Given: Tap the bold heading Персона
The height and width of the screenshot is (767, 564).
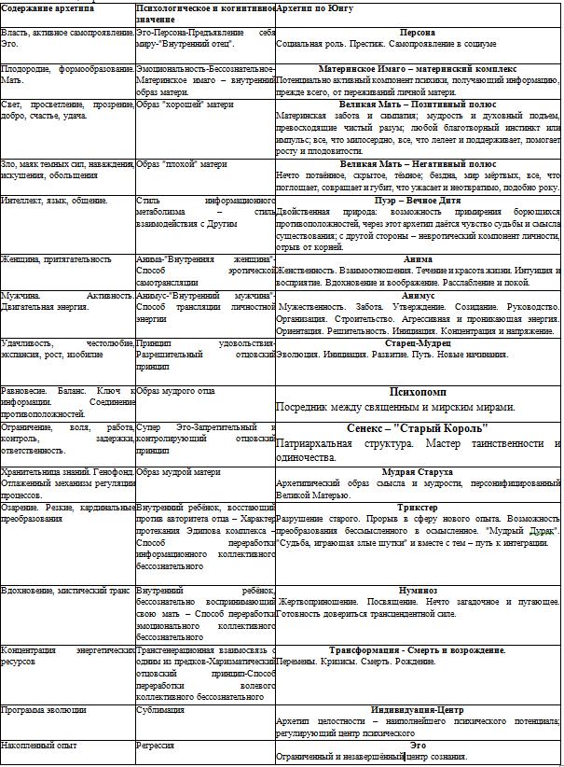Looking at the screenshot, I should (417, 32).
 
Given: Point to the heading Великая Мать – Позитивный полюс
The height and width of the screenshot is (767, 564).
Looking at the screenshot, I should (417, 105).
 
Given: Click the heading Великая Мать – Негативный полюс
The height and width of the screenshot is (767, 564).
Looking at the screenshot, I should (417, 163).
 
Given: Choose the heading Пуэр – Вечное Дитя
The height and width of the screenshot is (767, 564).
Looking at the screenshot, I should (417, 200).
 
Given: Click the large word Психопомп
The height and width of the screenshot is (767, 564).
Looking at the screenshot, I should (417, 392).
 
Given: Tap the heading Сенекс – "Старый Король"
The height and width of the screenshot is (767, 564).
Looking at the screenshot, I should (417, 429).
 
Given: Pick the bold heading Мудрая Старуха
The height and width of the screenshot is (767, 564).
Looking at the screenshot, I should (417, 472).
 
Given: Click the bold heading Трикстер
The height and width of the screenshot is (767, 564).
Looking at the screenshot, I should (417, 509).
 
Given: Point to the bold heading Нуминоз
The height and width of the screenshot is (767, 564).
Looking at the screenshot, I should (417, 590).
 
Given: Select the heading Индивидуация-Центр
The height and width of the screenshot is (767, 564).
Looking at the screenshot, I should (417, 709).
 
